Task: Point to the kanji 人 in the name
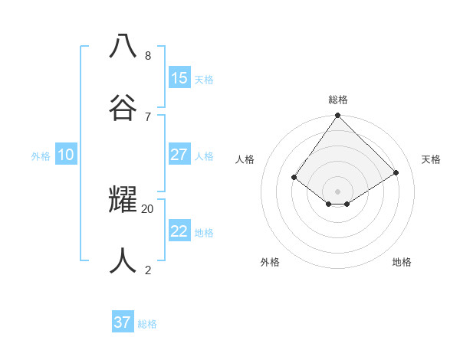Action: point(123,260)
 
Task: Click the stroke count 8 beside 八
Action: point(148,56)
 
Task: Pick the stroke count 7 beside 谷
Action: point(148,116)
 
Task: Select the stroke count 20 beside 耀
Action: point(148,208)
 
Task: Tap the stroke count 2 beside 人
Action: point(148,270)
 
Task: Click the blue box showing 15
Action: point(179,77)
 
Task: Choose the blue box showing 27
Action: point(179,154)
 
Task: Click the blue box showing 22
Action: point(179,231)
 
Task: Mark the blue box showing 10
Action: point(66,155)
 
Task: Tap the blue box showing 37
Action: point(123,322)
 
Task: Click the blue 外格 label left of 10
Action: point(41,155)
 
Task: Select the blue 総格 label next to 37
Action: point(147,324)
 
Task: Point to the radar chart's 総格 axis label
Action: point(338,100)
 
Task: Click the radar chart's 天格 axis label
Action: point(431,159)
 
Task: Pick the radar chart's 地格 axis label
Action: point(402,262)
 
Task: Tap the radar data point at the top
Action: point(338,116)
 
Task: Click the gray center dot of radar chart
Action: point(338,191)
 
